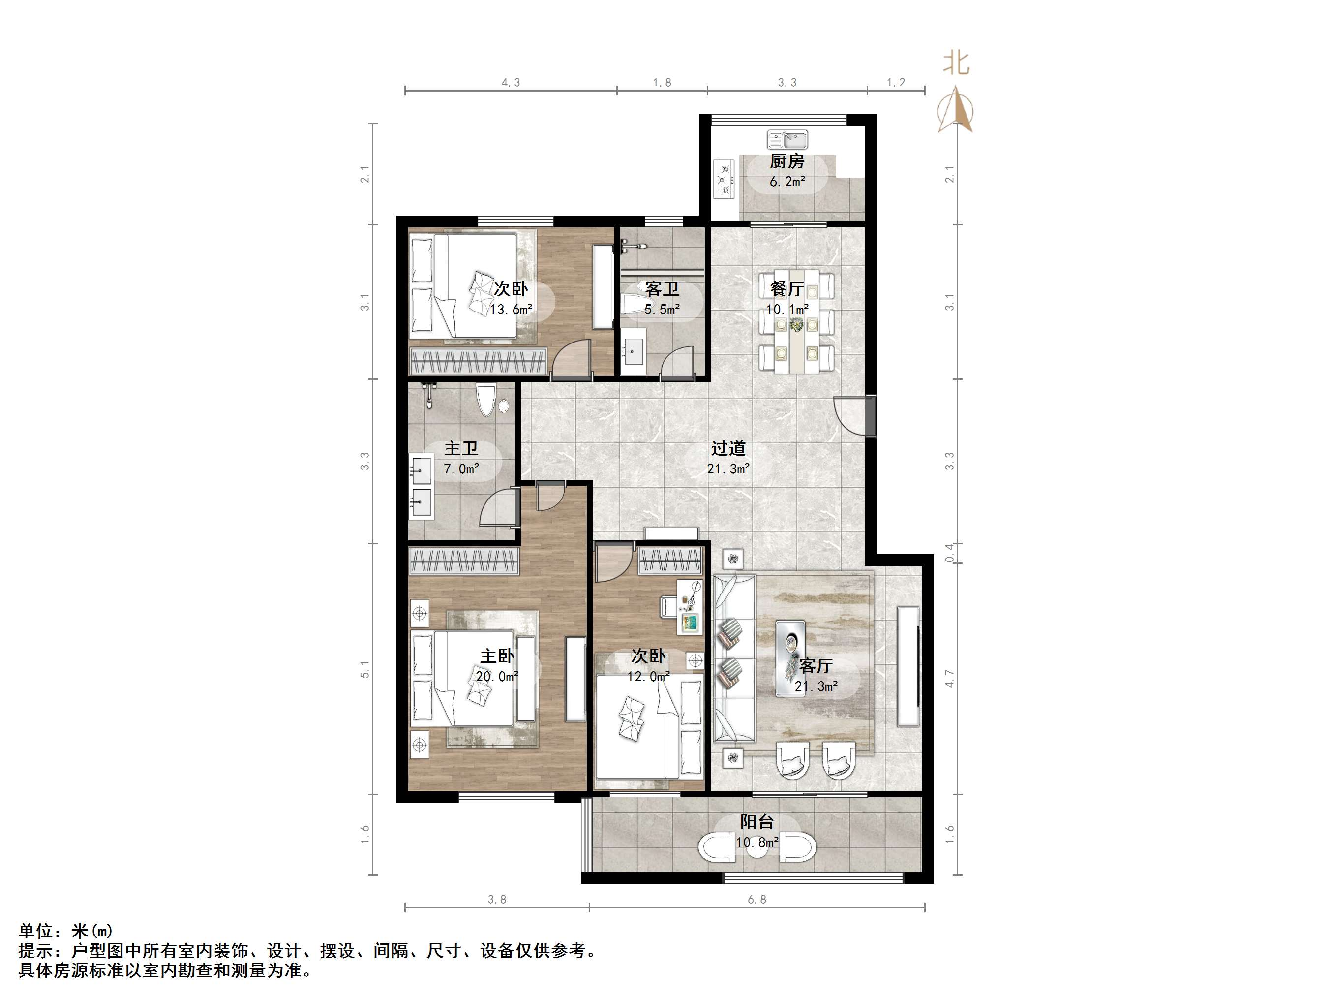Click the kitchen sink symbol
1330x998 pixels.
pos(787,140)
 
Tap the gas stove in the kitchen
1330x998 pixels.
pos(724,178)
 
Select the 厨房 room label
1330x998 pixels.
pos(787,161)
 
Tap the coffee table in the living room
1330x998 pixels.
pos(790,658)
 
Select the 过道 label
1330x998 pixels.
pos(728,448)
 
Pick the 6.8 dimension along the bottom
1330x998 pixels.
pos(757,900)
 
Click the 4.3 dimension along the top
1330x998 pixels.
pos(511,82)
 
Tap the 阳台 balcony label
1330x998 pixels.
pos(757,822)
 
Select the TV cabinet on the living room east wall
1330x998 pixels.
pos(908,666)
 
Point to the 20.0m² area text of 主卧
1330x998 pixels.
pos(497,676)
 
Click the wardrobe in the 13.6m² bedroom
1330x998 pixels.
pos(478,361)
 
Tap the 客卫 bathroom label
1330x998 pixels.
pos(662,289)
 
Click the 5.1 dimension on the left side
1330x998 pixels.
pos(365,669)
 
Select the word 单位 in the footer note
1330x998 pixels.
pos(36,931)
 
